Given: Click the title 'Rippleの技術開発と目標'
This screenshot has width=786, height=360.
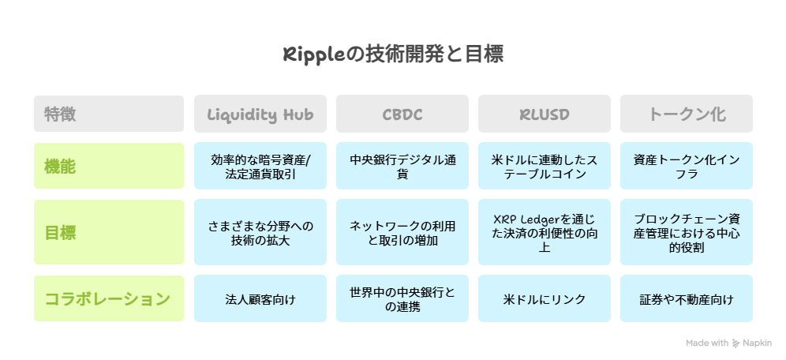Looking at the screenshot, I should coord(392,54).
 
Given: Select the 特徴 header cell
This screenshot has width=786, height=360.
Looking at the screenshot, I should coord(109,114).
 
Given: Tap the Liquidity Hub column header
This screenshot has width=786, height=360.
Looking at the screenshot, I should coord(260,114).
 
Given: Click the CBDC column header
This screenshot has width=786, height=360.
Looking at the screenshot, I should coord(402,114).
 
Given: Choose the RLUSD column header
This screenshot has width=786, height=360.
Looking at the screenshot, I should coord(545,114).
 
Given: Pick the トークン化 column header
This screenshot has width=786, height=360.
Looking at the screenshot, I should coord(687,114).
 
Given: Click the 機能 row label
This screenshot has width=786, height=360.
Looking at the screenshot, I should coord(109,167).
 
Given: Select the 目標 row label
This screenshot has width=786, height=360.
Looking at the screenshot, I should coord(109,233).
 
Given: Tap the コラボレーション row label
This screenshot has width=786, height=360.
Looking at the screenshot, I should coord(109,298).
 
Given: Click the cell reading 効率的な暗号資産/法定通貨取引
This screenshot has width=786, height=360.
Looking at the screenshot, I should coord(260,167).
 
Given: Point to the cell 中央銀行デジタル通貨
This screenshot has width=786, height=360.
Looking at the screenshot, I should coord(402,167).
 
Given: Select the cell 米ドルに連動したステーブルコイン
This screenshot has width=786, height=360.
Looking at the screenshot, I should coord(545,167).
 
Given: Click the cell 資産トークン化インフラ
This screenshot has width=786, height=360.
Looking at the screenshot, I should coord(687,167).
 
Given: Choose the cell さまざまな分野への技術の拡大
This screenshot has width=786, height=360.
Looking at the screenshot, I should coord(260,233).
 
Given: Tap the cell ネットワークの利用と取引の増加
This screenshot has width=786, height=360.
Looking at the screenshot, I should coord(402,233).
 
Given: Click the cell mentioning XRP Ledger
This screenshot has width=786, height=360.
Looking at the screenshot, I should coord(545,233).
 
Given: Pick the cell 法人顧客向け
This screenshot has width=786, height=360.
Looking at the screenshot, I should coord(260,299).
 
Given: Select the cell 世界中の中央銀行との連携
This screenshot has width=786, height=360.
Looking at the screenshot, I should coord(402,299).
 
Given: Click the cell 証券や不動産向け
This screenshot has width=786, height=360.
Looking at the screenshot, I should coord(687,299).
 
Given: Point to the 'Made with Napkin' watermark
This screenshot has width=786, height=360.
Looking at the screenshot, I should coord(728,343).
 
